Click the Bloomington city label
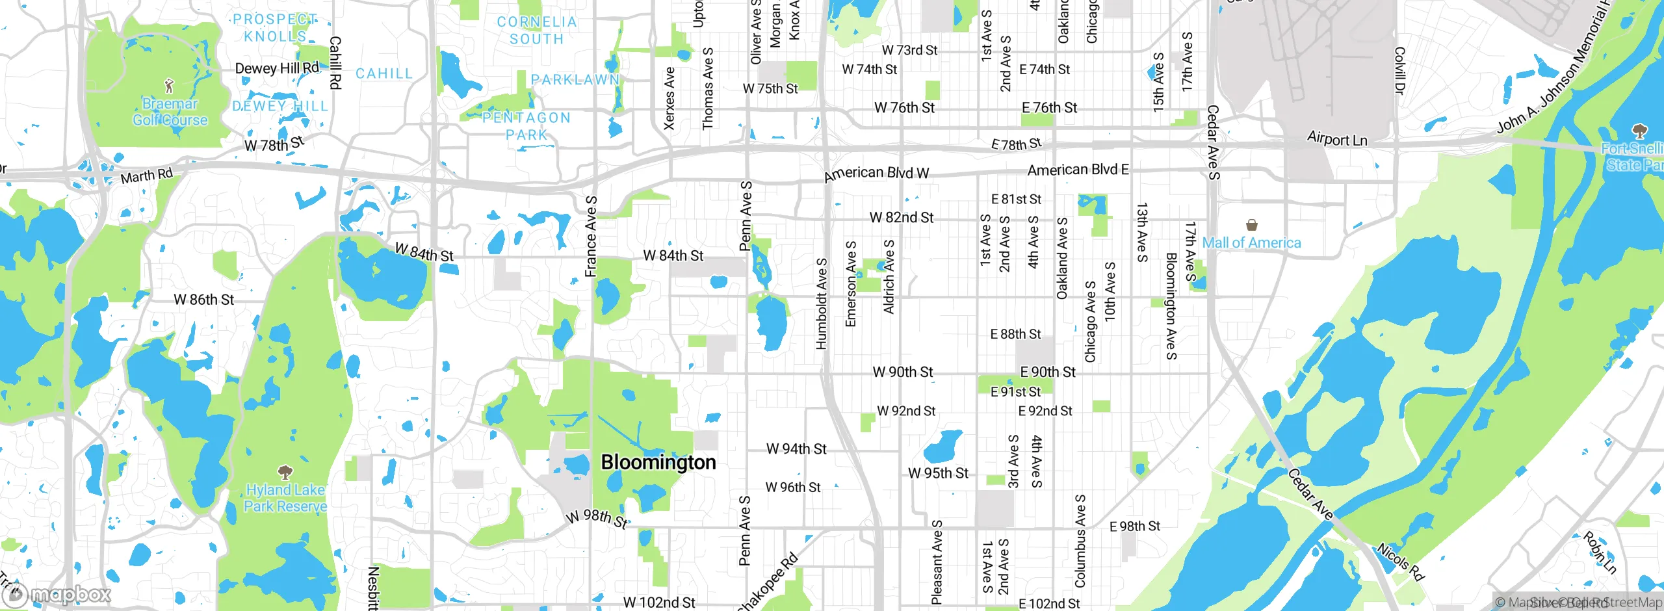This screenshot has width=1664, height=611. pyautogui.click(x=658, y=462)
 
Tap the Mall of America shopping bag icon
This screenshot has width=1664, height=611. pyautogui.click(x=1251, y=225)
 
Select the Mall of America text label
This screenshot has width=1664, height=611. pyautogui.click(x=1251, y=243)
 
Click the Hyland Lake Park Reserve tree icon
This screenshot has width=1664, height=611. pyautogui.click(x=285, y=472)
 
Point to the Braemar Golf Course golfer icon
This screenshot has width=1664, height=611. pyautogui.click(x=170, y=85)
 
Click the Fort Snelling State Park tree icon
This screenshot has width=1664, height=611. pyautogui.click(x=1640, y=131)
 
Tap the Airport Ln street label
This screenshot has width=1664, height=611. pyautogui.click(x=1337, y=139)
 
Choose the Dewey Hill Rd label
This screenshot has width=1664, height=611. pyautogui.click(x=277, y=68)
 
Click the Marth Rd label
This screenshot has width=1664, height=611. pyautogui.click(x=147, y=176)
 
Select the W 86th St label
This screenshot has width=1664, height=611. pyautogui.click(x=203, y=300)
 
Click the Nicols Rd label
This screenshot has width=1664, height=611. pyautogui.click(x=1400, y=562)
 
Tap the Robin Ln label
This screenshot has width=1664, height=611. pyautogui.click(x=1600, y=552)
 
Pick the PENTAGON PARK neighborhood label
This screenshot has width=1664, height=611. pyautogui.click(x=526, y=126)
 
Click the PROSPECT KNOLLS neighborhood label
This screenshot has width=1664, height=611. pyautogui.click(x=275, y=28)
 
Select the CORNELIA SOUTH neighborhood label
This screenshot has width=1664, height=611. pyautogui.click(x=537, y=31)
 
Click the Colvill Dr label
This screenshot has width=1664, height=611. pyautogui.click(x=1399, y=70)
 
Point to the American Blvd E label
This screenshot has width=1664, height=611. pyautogui.click(x=1078, y=170)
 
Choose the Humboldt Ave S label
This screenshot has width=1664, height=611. pyautogui.click(x=822, y=304)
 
